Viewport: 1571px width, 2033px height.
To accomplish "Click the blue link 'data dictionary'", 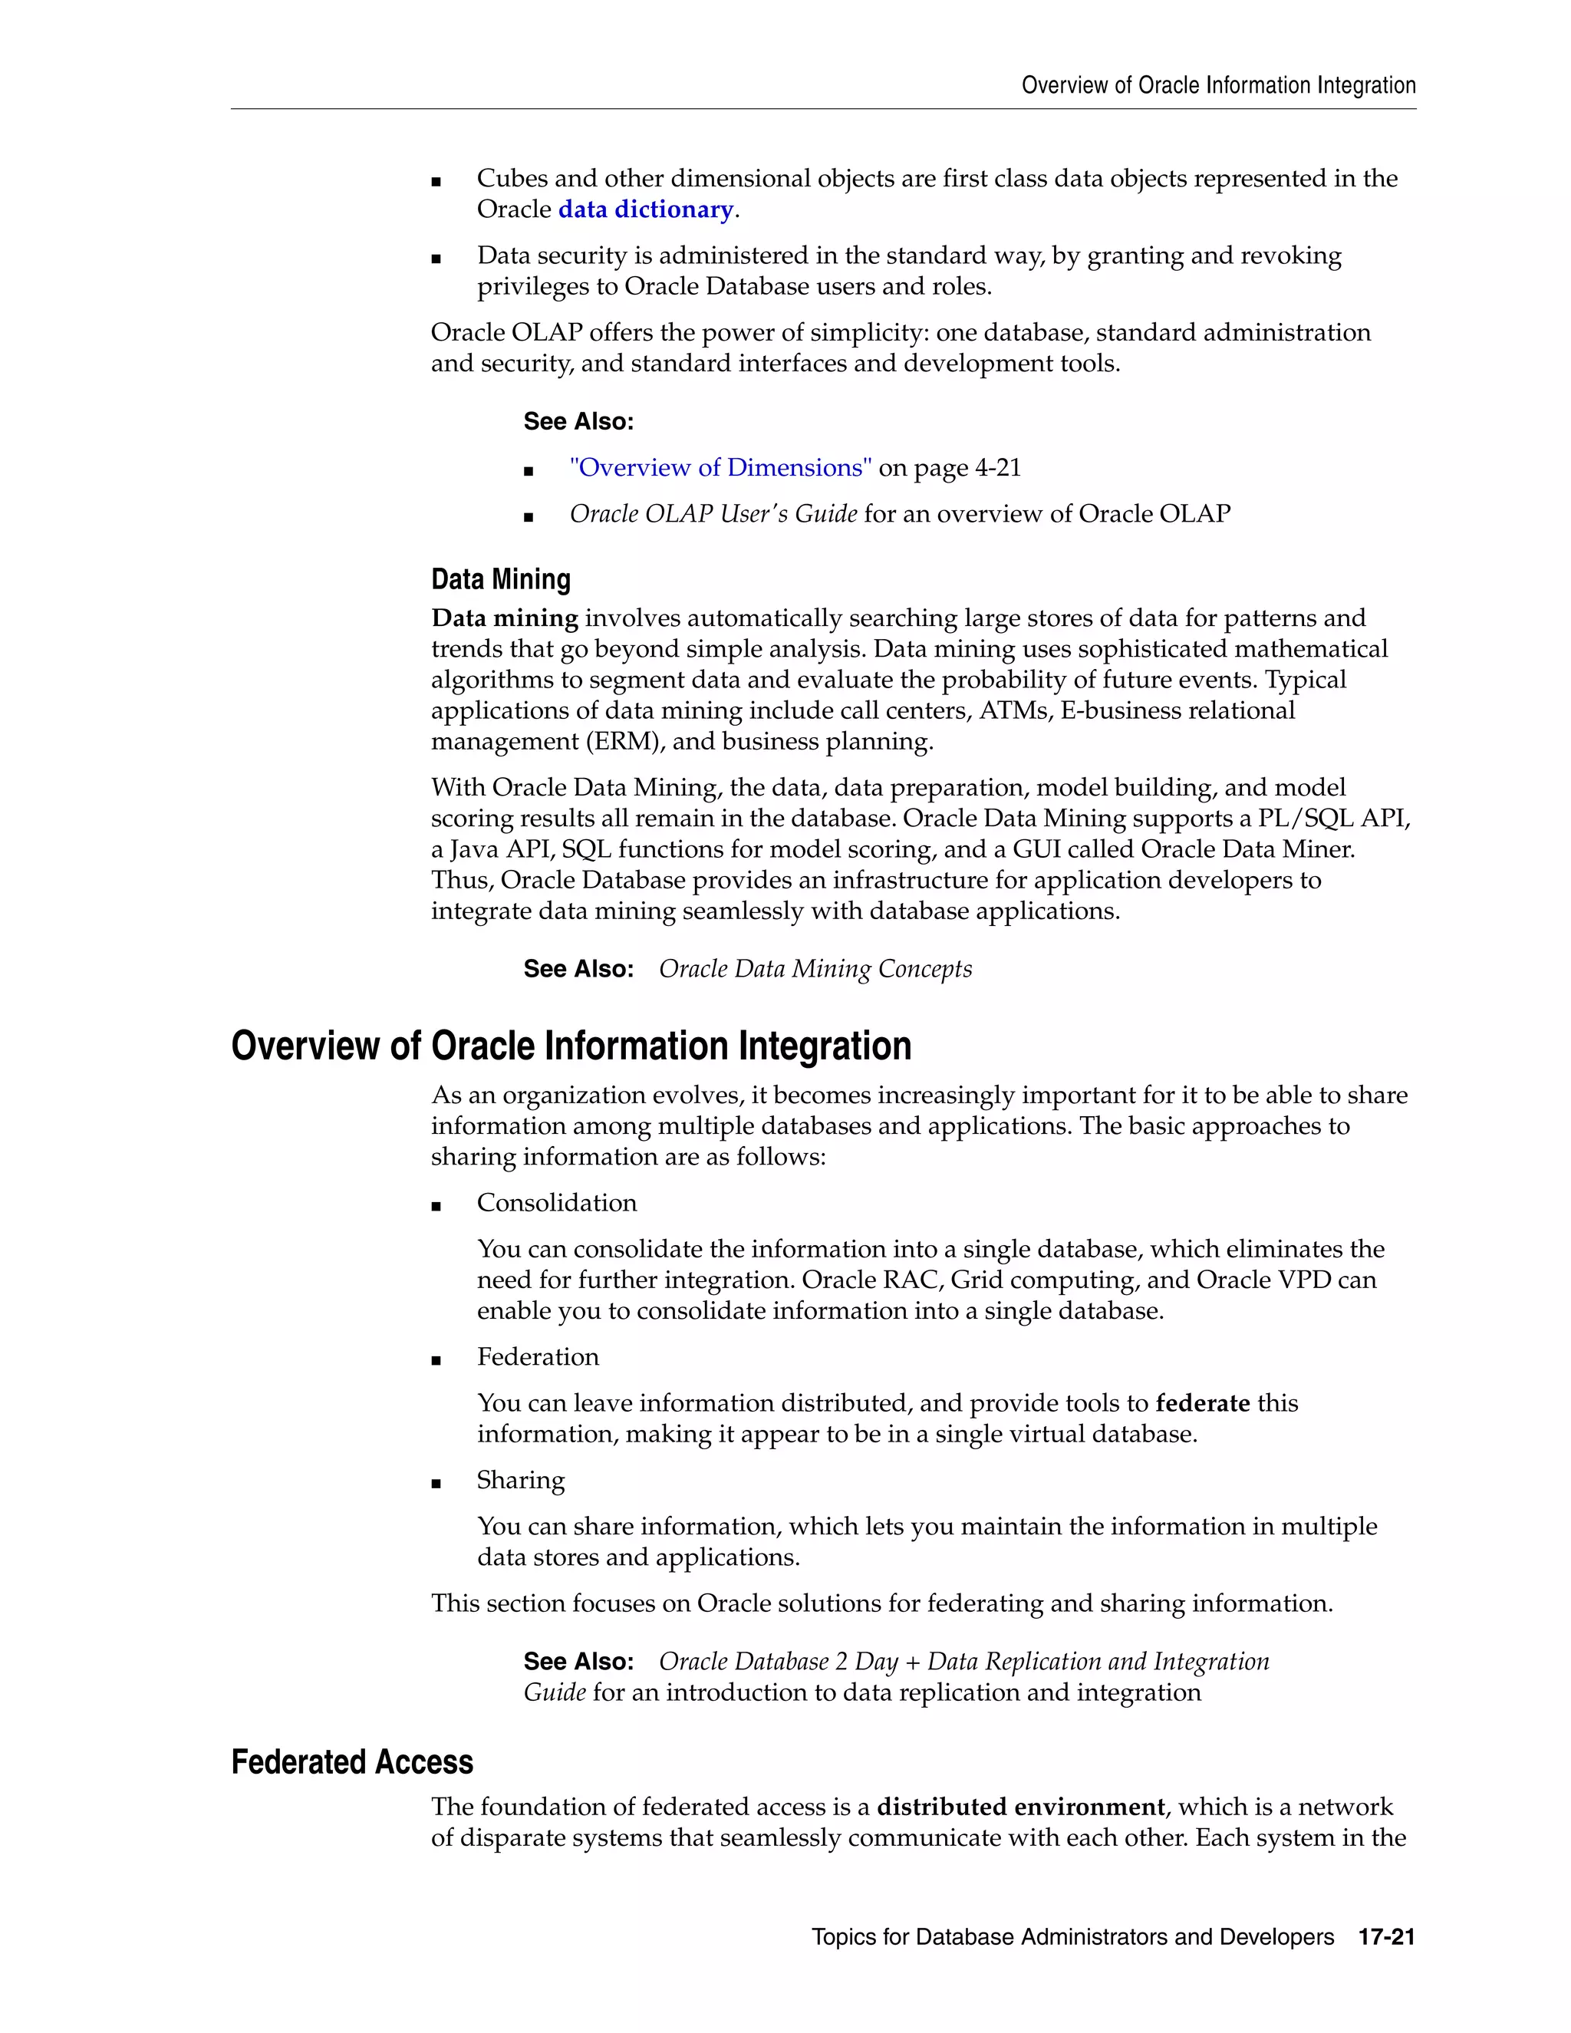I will [646, 209].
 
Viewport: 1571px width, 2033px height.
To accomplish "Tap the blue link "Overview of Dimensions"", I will [720, 467].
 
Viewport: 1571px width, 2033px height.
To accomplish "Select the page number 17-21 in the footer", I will [1386, 1937].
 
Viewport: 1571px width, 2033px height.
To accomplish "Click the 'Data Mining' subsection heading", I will [501, 579].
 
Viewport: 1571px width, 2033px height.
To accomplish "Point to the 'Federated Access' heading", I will [352, 1762].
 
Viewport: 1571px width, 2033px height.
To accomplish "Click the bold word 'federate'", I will [1203, 1403].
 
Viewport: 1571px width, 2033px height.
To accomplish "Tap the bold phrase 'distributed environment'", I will [1020, 1807].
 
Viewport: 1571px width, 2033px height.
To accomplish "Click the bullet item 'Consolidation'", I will [557, 1203].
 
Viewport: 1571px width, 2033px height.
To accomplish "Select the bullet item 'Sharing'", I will [520, 1480].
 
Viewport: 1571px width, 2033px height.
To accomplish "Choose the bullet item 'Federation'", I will [538, 1357].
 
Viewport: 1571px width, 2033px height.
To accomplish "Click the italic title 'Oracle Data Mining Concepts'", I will [815, 969].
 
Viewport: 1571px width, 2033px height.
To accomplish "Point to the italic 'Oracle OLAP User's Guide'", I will [713, 514].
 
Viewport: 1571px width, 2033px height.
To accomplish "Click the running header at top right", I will [1218, 86].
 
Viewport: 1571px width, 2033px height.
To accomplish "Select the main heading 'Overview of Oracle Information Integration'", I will [571, 1046].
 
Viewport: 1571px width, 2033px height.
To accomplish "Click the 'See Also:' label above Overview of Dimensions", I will [578, 422].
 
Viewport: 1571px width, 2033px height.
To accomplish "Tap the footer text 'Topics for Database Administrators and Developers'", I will [1072, 1937].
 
